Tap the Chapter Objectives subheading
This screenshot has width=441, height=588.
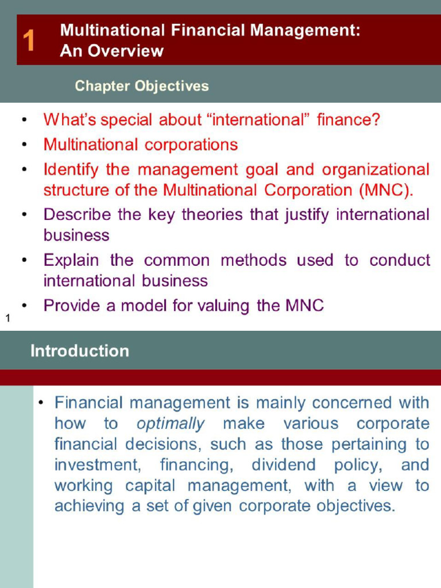click(x=142, y=86)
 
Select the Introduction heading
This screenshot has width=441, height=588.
click(x=80, y=351)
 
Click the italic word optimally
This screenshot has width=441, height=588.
click(x=171, y=424)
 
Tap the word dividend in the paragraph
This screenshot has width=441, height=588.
click(x=284, y=465)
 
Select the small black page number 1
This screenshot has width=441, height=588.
click(x=8, y=318)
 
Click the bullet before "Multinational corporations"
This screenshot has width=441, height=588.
click(x=24, y=145)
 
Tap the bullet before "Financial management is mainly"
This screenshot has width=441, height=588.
click(x=41, y=403)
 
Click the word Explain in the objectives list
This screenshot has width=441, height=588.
click(x=71, y=260)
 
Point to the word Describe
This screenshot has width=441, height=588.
click(x=77, y=215)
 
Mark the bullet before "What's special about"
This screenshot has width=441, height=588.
click(x=24, y=121)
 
